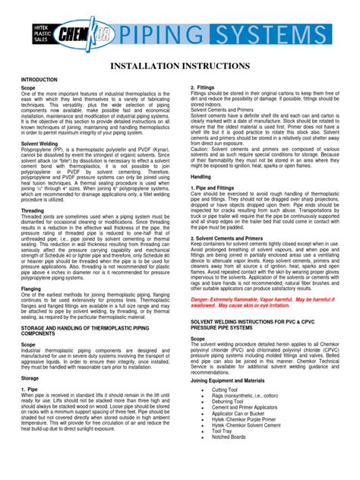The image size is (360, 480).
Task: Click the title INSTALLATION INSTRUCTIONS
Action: tap(180, 66)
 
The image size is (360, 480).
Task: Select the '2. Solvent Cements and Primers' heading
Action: tap(231, 237)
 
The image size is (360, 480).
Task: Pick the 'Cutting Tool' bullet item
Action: tap(226, 390)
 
